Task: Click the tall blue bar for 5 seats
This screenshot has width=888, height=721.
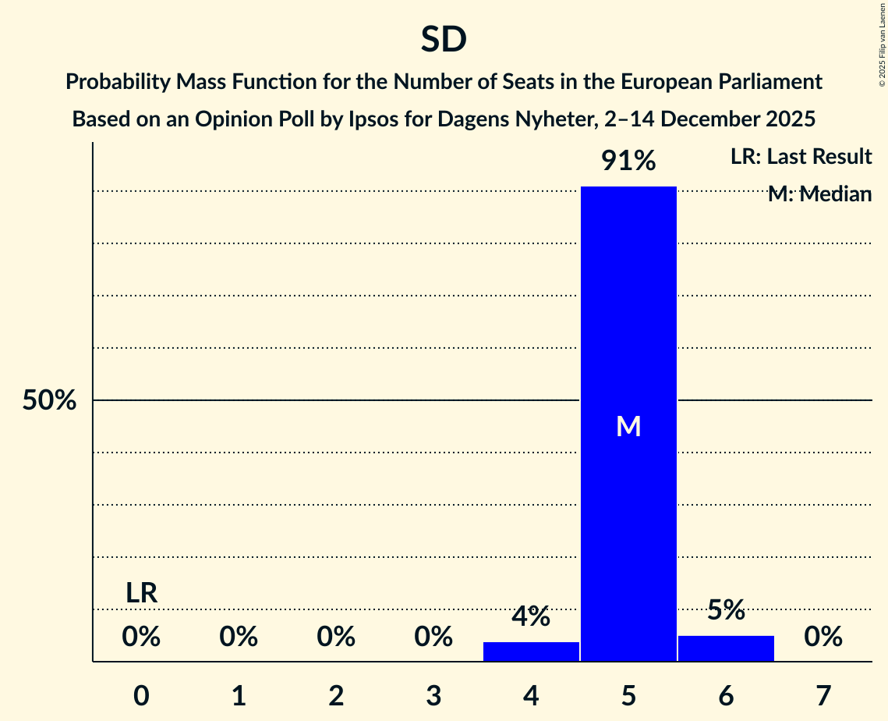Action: click(x=628, y=312)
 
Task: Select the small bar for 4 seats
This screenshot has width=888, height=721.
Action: click(x=531, y=652)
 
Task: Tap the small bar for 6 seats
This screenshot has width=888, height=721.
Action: click(x=726, y=648)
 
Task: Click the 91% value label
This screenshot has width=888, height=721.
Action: click(x=628, y=162)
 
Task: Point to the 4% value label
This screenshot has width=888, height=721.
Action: click(x=531, y=616)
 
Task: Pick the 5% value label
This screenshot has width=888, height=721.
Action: click(x=726, y=610)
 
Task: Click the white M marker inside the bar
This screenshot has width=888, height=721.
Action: click(x=628, y=426)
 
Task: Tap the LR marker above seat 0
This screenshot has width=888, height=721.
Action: click(x=142, y=593)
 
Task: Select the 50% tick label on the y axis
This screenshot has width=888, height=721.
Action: click(x=49, y=401)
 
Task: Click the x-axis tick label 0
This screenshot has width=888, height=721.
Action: click(x=141, y=696)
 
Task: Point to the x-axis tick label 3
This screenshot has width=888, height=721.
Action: click(x=433, y=696)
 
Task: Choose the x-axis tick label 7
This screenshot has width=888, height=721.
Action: click(x=823, y=696)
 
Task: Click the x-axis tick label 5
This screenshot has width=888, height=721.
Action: click(x=628, y=696)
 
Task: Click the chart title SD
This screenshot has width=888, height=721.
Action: click(x=444, y=40)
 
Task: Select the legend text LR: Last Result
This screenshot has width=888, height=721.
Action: click(x=801, y=157)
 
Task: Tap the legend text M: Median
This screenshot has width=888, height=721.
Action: click(x=819, y=194)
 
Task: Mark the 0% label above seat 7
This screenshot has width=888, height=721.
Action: click(x=823, y=638)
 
